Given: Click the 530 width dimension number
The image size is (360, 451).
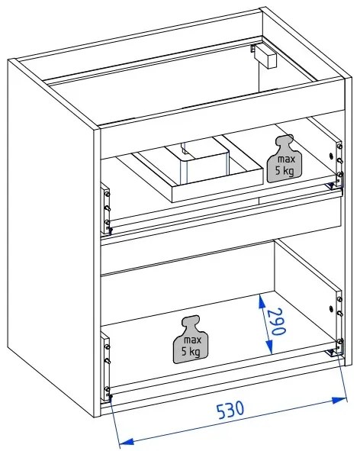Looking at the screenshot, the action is point(230,409).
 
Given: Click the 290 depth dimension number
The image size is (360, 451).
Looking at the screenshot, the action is point(278,321).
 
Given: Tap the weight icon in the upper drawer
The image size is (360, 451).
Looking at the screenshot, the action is point(284,159).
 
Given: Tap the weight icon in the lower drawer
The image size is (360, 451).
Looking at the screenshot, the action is point(191,340).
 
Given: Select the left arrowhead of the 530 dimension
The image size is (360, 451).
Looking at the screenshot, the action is point(127,442).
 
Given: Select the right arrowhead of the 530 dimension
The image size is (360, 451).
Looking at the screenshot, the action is point(339,400).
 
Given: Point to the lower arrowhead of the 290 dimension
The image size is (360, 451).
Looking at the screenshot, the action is point(269,346).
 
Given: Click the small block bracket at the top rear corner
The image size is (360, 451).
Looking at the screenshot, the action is point(265,56).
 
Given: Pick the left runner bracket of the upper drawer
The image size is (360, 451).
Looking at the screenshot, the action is point(105,208).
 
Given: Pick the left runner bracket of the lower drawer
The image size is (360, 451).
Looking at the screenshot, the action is point(105,366).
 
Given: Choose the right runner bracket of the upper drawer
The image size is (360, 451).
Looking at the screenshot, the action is point(339,163).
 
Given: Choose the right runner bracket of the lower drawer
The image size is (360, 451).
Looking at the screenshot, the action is point(339,322).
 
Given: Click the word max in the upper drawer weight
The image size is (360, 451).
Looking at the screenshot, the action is point(286,159).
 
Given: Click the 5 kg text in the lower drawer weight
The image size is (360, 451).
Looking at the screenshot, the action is point(191,352).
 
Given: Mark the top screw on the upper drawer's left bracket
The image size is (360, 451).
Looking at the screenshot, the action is point(108,194).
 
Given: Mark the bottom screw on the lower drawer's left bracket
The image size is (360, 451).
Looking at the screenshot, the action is point(107,389).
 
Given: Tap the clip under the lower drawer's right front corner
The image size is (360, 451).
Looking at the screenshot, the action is point(332,352).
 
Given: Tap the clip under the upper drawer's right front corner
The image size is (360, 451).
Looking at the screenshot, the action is point(332,185).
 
